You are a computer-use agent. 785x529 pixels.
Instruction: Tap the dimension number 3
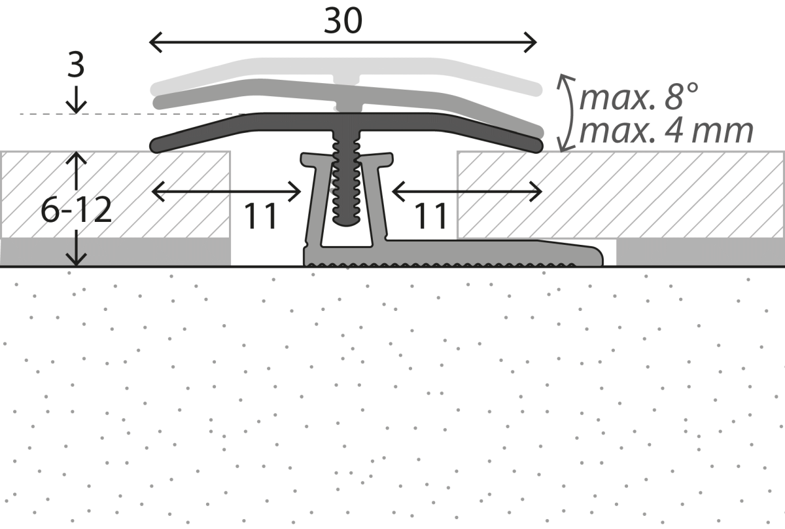76,66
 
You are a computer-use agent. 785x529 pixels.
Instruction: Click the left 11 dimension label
262,216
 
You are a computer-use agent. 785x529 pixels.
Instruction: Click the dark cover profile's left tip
157,144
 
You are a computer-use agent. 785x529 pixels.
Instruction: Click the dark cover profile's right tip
536,144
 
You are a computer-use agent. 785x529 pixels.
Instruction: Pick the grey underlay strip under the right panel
700,251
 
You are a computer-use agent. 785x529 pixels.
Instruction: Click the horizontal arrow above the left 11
226,191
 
